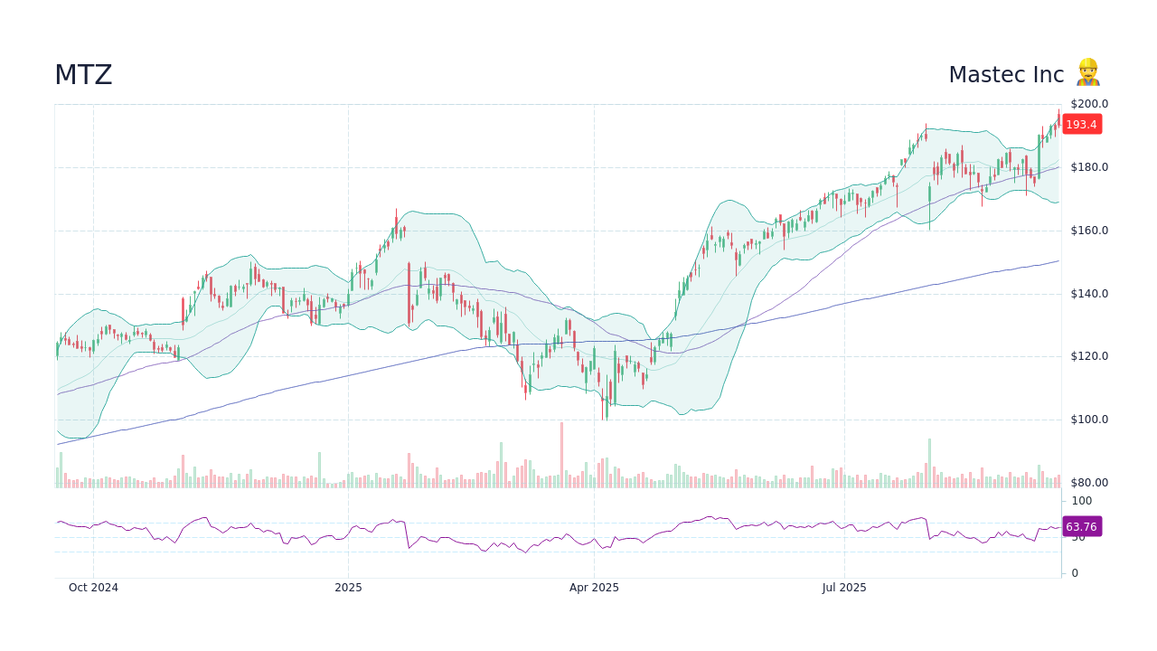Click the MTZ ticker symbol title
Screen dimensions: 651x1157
tap(83, 75)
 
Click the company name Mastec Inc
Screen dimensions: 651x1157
tap(1006, 75)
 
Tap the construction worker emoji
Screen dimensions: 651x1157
tap(1087, 72)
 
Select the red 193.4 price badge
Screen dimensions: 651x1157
tap(1081, 125)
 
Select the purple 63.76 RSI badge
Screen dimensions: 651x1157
tap(1081, 527)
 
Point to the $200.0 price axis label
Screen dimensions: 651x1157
tap(1089, 104)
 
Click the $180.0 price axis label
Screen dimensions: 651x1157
tap(1089, 167)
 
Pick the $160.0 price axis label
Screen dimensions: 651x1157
tap(1089, 231)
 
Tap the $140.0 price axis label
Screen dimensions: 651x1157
tap(1089, 294)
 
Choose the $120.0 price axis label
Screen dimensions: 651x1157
tap(1089, 356)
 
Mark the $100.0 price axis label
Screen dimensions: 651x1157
tap(1089, 420)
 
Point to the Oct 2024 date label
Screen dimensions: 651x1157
tap(93, 588)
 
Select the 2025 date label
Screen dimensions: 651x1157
tap(348, 588)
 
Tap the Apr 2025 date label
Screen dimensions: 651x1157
tap(594, 588)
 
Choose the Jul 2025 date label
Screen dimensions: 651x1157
tap(844, 588)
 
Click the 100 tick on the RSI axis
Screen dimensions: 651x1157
tap(1082, 501)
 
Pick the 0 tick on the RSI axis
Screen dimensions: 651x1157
tap(1075, 573)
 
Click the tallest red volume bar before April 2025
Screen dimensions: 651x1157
tap(561, 456)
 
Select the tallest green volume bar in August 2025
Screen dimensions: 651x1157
tap(929, 464)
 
